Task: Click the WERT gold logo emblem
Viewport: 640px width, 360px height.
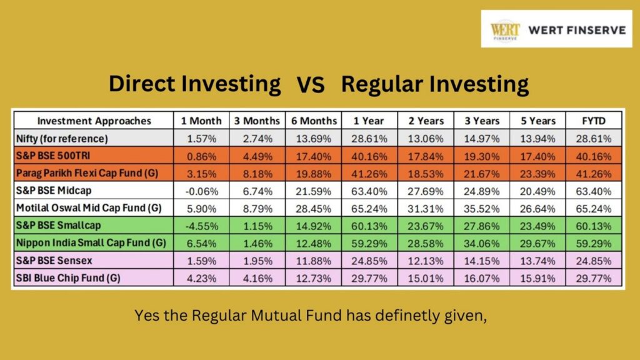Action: point(505,30)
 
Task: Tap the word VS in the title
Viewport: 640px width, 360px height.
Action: point(311,85)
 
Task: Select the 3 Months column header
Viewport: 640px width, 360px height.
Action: point(257,121)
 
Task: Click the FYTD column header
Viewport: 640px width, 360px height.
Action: point(594,121)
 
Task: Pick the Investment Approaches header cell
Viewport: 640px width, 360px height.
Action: point(94,121)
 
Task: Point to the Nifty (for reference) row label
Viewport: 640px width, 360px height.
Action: point(62,139)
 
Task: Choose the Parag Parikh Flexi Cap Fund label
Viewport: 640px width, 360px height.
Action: point(87,173)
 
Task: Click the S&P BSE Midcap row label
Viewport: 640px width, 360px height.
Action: point(54,191)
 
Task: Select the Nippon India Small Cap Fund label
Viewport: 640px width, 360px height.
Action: point(91,243)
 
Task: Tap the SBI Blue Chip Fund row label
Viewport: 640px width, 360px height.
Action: point(68,278)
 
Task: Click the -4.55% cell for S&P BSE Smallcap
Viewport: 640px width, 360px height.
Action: point(202,226)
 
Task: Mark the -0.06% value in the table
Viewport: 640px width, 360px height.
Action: point(202,191)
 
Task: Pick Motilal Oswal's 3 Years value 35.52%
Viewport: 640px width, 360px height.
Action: point(482,209)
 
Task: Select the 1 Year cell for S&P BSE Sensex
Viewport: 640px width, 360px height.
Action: point(369,261)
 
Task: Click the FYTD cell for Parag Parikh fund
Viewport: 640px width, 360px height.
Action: point(594,174)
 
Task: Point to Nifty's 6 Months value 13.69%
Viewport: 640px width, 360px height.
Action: point(314,139)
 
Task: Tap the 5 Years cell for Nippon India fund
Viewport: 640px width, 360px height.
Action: point(537,244)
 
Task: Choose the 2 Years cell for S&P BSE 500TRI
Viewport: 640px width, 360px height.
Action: point(425,156)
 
